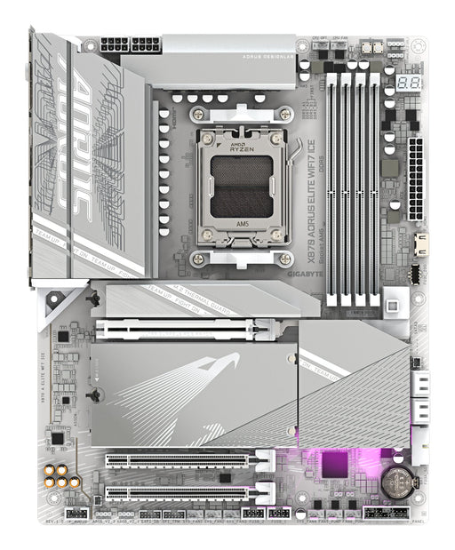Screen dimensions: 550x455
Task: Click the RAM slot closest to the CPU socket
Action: click(331, 187)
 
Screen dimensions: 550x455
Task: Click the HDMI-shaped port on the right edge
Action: click(420, 243)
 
